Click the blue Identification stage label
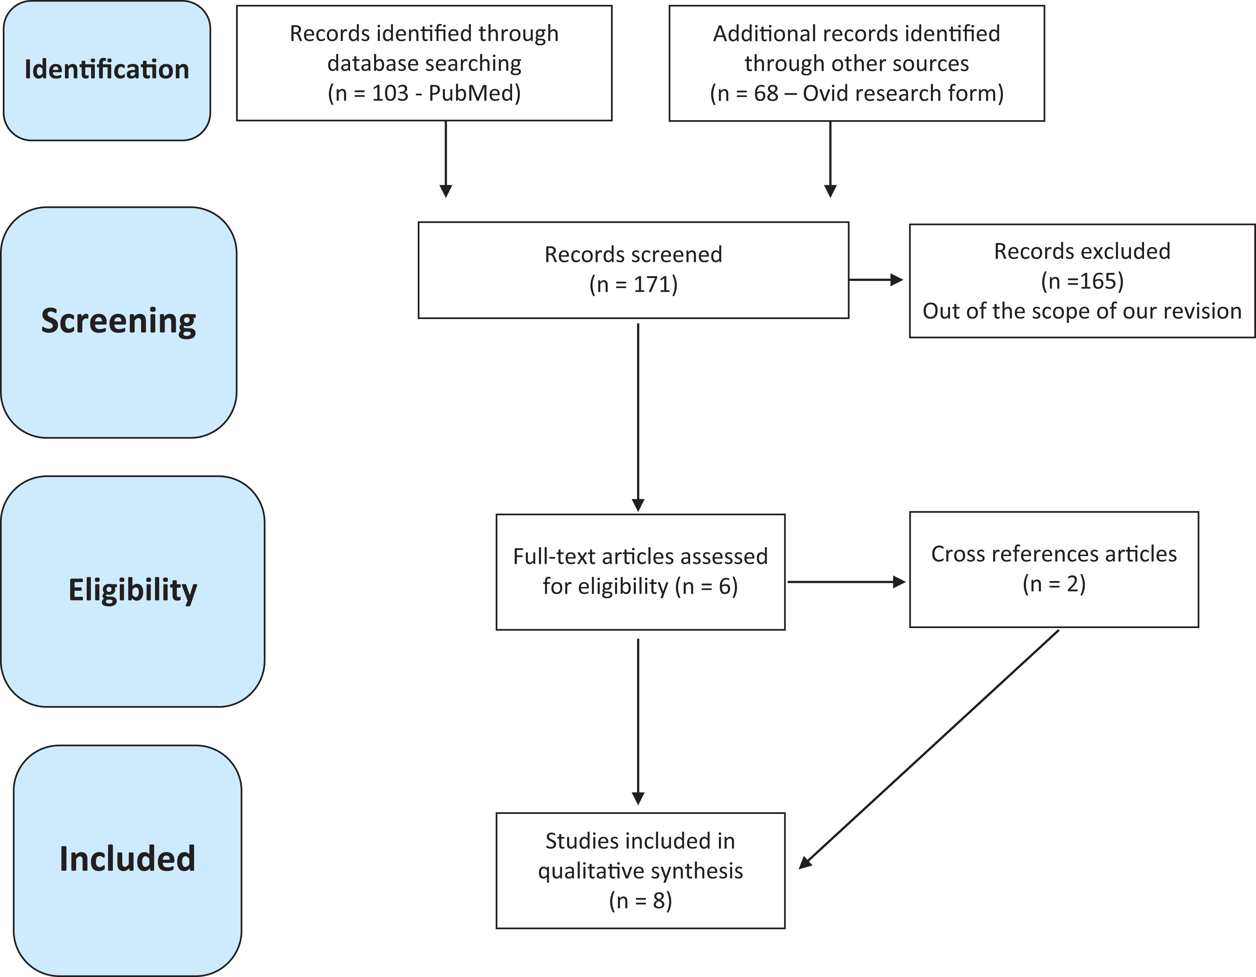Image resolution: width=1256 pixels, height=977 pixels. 107,70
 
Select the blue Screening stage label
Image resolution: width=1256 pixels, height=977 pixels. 118,322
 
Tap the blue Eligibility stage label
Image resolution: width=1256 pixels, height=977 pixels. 133,591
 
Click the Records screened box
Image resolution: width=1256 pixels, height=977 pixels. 633,270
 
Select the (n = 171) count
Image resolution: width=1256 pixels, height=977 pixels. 633,285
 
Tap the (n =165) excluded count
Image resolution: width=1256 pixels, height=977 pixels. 1082,281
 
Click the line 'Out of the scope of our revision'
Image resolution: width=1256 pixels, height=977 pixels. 1082,311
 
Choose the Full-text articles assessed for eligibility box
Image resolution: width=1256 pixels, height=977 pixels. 641,572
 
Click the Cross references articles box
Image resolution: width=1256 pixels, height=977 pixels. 1054,569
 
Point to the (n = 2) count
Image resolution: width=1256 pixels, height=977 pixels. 1054,584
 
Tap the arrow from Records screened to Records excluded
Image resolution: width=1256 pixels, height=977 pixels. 876,280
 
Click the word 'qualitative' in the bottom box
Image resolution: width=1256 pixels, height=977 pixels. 592,872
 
